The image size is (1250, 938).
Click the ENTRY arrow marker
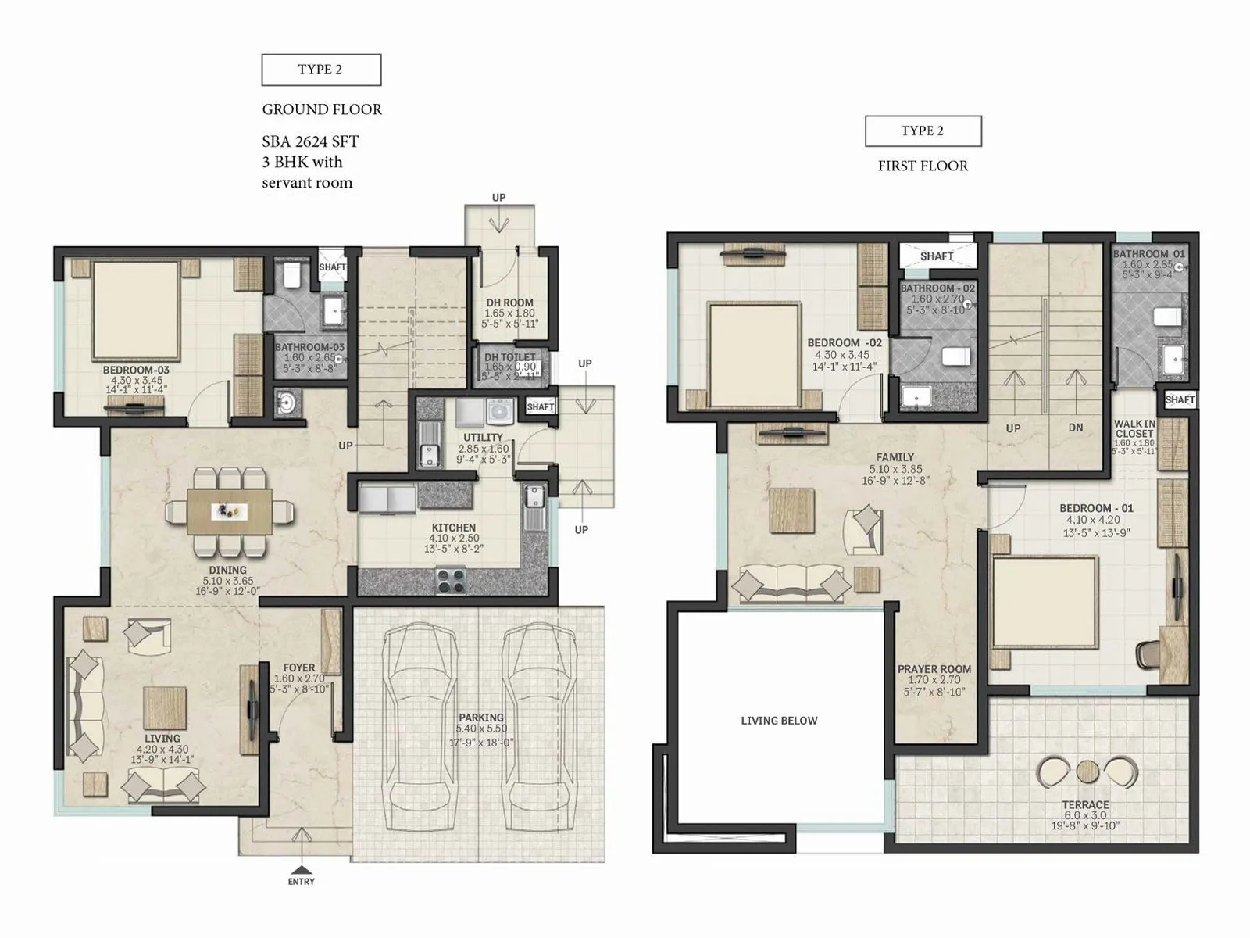(x=301, y=869)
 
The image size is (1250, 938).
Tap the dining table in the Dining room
(x=230, y=511)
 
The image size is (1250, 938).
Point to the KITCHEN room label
(x=454, y=528)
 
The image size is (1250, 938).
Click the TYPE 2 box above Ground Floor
(x=321, y=70)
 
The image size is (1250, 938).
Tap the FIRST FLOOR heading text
(x=923, y=166)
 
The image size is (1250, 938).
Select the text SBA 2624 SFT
(x=310, y=141)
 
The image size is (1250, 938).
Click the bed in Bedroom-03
(x=137, y=310)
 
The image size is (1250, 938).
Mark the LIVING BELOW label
(x=779, y=721)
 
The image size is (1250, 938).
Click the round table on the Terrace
(x=1087, y=772)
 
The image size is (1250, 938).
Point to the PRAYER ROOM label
(x=934, y=669)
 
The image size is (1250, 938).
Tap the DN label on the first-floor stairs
(x=1076, y=428)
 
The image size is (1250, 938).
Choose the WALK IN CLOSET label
(x=1134, y=428)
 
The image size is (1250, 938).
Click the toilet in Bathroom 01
(x=1167, y=316)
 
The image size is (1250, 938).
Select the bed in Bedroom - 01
(x=1045, y=602)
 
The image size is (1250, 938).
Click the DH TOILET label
(x=510, y=357)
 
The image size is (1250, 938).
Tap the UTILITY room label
(x=483, y=438)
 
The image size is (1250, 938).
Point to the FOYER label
(x=299, y=668)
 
